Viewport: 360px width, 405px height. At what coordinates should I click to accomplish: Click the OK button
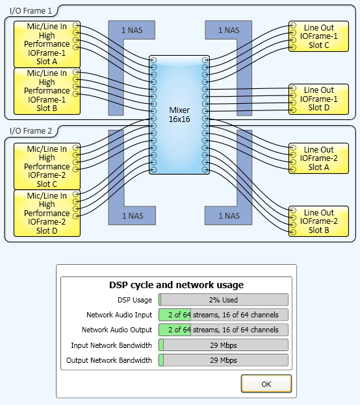266,384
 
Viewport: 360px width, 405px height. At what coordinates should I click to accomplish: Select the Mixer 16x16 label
179,115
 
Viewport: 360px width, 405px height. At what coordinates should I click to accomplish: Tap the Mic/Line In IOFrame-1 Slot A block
47,44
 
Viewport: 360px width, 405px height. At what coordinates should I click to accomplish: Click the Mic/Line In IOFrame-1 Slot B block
47,91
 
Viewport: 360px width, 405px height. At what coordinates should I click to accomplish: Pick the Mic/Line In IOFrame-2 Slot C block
47,167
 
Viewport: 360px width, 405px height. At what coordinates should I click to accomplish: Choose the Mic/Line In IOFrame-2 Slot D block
47,214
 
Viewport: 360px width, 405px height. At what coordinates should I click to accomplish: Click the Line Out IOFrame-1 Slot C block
318,36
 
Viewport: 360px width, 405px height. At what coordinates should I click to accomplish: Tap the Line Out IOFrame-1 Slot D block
318,99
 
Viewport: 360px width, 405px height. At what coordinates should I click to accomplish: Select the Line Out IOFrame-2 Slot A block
318,158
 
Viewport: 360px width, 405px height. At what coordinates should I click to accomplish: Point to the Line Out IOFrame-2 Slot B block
318,221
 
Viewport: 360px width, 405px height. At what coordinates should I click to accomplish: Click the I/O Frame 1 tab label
31,11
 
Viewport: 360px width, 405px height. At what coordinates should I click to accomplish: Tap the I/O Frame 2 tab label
31,131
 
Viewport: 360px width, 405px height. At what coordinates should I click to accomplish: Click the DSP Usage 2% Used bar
224,300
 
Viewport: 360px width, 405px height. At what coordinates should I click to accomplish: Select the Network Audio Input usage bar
224,315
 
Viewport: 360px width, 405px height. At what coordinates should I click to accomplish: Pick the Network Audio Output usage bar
224,330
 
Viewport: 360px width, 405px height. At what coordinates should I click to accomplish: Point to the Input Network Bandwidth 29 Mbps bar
224,345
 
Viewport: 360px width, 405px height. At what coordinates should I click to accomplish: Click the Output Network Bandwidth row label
109,360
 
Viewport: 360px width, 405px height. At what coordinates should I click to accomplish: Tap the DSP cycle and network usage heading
176,285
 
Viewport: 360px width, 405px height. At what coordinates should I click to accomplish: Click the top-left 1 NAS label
132,31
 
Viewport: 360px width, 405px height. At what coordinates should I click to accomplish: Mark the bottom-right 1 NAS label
229,215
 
